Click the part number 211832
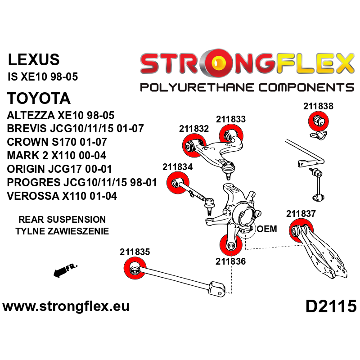[194, 129]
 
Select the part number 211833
[231, 119]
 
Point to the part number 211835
[135, 252]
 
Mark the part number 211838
[318, 107]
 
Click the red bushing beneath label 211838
[318, 121]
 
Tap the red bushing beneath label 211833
[231, 134]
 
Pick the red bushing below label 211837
[299, 231]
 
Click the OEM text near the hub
[266, 229]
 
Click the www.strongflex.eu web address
[66, 307]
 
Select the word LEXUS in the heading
[34, 60]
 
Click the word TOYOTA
[39, 99]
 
